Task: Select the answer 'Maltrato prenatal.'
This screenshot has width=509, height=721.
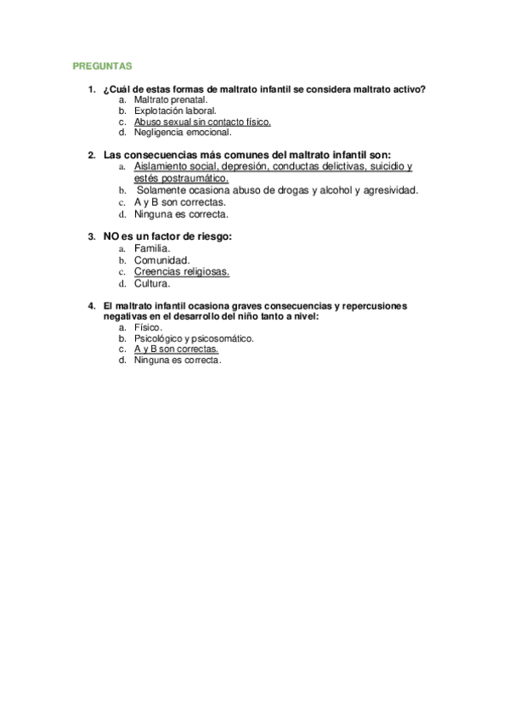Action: [170, 99]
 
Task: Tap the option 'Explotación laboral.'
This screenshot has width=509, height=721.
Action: [175, 111]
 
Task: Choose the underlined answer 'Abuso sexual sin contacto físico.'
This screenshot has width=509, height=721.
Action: [202, 122]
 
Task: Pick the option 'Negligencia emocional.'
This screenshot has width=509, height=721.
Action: [183, 133]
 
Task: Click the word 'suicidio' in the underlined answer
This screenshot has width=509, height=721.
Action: [387, 167]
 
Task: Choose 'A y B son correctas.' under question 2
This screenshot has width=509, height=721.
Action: [180, 202]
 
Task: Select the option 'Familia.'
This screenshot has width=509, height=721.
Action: [152, 248]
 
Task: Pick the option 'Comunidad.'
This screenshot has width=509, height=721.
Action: [161, 260]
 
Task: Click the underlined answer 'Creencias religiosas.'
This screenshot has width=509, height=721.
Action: [181, 272]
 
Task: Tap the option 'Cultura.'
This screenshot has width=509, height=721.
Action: [152, 284]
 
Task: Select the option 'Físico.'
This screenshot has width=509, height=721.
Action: [148, 327]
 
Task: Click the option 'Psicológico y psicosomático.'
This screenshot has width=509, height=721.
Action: [194, 338]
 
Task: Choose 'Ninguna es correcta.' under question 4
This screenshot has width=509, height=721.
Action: [178, 360]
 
